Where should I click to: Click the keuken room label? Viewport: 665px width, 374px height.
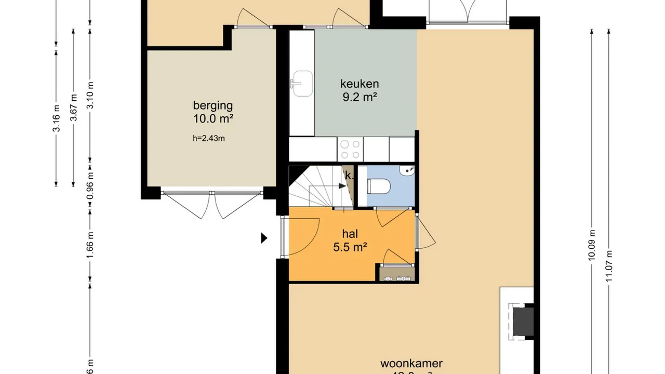(x=360, y=83)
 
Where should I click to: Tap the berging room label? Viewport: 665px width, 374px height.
(x=212, y=105)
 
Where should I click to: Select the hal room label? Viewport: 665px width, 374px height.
(x=350, y=234)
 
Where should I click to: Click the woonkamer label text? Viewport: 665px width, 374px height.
(x=411, y=364)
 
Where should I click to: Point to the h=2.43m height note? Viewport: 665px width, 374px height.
(x=208, y=138)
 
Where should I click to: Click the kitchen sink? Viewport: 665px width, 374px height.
(x=302, y=84)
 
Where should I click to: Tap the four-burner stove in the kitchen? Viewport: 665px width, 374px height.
(x=350, y=150)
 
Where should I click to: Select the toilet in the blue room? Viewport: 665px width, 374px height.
(x=378, y=186)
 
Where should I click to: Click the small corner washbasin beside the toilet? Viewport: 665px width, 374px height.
(x=408, y=170)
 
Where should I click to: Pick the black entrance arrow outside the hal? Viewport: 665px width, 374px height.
(x=264, y=238)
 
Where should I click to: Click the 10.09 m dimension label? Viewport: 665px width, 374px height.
(x=592, y=254)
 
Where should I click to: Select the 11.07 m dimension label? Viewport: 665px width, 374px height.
(x=609, y=266)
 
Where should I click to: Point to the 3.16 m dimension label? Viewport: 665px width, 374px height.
(x=56, y=118)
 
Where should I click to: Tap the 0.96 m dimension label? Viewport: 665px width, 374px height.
(x=90, y=190)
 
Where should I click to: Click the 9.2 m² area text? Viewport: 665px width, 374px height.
(x=360, y=97)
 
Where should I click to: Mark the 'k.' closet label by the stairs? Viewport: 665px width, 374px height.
(x=349, y=176)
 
